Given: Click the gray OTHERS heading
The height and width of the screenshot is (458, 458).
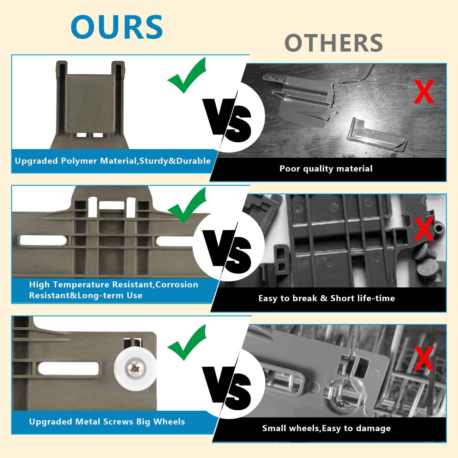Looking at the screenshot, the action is click(x=333, y=43).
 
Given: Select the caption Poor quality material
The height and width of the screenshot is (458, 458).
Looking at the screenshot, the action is click(x=326, y=169).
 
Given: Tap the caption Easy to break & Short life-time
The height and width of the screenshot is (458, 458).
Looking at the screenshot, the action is click(x=327, y=298).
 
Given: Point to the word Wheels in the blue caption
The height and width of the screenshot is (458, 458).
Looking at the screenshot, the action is click(x=169, y=422).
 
